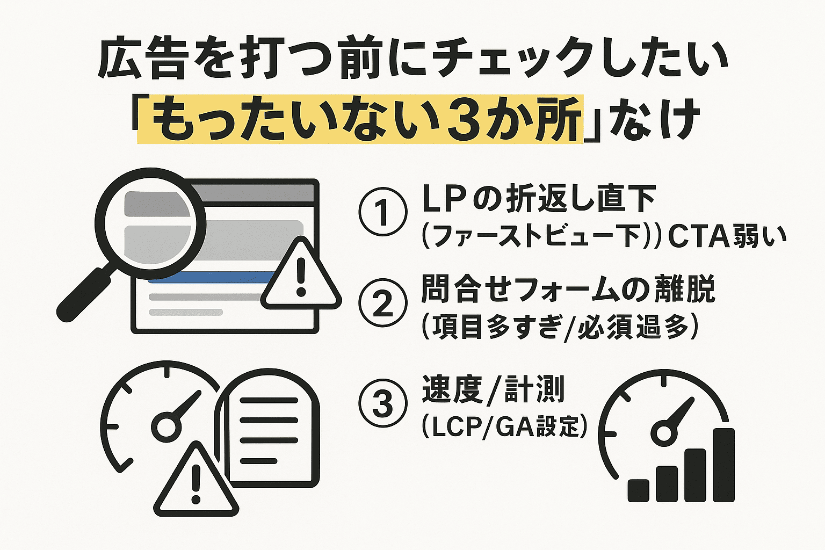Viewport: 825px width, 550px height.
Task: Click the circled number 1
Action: point(382,212)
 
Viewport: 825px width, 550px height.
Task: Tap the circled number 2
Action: point(382,303)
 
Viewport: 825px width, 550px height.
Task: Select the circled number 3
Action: point(382,404)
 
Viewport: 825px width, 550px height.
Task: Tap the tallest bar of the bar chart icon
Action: point(723,465)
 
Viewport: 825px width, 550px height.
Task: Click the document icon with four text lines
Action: point(269,430)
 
